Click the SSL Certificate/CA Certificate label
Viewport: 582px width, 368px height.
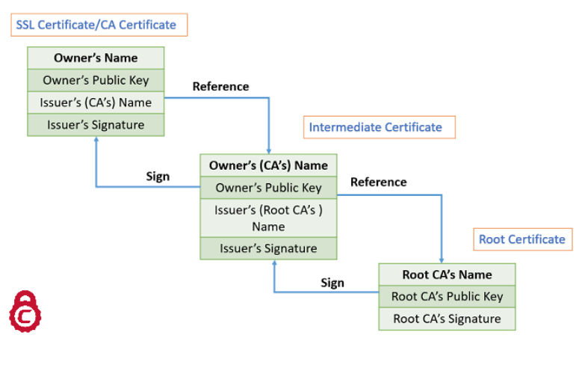(96, 25)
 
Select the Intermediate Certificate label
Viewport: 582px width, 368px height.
(376, 127)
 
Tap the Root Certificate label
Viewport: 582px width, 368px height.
(521, 239)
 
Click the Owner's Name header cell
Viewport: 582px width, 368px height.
(96, 58)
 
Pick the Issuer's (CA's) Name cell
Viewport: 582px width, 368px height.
(96, 102)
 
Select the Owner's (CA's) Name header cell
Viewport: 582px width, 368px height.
(268, 165)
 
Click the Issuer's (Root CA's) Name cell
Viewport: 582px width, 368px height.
(268, 218)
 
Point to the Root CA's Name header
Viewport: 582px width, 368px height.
(447, 275)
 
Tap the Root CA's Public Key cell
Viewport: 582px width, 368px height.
(447, 296)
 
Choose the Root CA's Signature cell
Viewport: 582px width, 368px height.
(447, 319)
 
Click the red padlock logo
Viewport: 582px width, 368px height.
(25, 311)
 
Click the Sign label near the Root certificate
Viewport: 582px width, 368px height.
(332, 283)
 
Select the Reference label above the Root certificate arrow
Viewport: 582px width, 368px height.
(378, 182)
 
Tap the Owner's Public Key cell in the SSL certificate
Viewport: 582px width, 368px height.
(96, 80)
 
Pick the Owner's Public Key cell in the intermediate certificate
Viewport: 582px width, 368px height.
(268, 188)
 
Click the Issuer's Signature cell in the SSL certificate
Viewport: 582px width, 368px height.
(96, 125)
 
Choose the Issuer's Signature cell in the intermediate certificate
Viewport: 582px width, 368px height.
(268, 248)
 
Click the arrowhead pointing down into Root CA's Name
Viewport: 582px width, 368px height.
(442, 259)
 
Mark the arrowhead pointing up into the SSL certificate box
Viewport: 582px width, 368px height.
(96, 141)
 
